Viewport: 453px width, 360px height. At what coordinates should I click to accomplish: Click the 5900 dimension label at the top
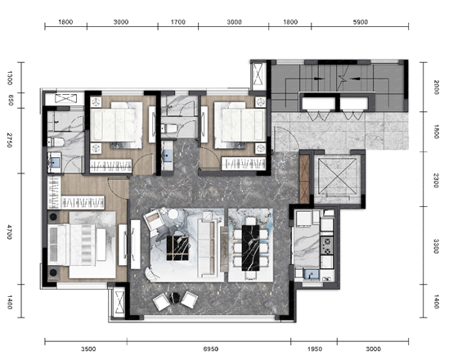[361, 22]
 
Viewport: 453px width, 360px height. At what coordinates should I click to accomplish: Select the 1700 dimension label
[178, 22]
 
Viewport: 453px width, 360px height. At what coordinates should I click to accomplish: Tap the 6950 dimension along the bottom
[211, 349]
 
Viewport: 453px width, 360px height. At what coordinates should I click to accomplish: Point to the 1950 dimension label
[315, 349]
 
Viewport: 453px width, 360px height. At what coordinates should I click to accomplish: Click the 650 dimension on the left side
[11, 100]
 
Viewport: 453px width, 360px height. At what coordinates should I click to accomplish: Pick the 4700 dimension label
[10, 232]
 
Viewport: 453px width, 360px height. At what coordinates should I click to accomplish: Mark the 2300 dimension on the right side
[437, 180]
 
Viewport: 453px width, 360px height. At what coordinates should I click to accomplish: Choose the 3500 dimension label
[88, 349]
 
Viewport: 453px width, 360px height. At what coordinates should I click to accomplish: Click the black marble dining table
[250, 248]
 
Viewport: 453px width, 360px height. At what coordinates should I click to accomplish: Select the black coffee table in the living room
[177, 248]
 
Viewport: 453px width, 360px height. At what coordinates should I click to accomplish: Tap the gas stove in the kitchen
[327, 245]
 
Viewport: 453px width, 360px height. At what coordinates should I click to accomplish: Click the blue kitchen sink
[312, 274]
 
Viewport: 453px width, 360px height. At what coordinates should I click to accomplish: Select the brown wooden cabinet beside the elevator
[304, 179]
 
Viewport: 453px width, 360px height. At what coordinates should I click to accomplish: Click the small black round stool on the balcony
[175, 297]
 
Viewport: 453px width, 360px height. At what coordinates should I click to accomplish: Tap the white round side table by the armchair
[173, 214]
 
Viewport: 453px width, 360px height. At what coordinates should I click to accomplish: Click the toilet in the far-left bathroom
[56, 142]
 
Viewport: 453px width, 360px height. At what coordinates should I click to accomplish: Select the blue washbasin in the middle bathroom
[167, 155]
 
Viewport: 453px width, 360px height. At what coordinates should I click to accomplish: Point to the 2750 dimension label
[10, 140]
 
